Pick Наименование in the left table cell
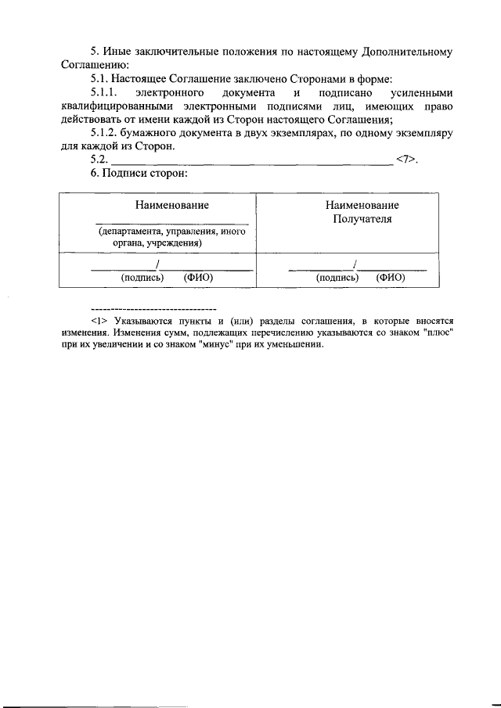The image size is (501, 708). point(171,205)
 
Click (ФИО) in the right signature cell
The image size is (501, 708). point(390,277)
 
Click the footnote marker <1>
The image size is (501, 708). point(98,320)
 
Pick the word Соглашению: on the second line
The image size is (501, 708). point(89,65)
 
